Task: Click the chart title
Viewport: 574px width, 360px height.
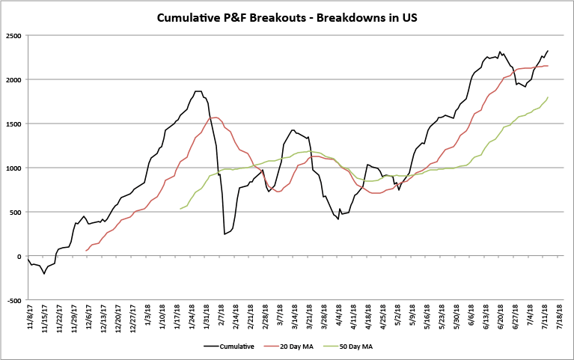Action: [x=287, y=16]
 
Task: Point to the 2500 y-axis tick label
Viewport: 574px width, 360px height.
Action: [x=13, y=35]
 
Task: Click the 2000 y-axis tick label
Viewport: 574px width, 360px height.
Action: [x=13, y=79]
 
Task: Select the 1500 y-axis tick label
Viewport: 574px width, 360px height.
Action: [x=13, y=123]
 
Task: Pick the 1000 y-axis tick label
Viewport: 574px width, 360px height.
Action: [x=13, y=168]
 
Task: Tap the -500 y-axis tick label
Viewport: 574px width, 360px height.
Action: [x=13, y=300]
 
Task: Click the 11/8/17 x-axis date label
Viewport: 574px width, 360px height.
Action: [x=30, y=319]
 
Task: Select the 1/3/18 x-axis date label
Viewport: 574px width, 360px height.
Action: [x=147, y=317]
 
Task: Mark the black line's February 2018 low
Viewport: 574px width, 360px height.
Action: [x=225, y=234]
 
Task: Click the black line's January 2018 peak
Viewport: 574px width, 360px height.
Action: [x=198, y=91]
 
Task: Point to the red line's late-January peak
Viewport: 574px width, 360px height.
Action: [x=216, y=117]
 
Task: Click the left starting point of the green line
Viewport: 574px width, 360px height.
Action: [x=180, y=209]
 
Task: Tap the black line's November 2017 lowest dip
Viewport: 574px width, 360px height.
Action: [x=44, y=274]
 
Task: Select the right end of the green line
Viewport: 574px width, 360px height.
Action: [x=548, y=97]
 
